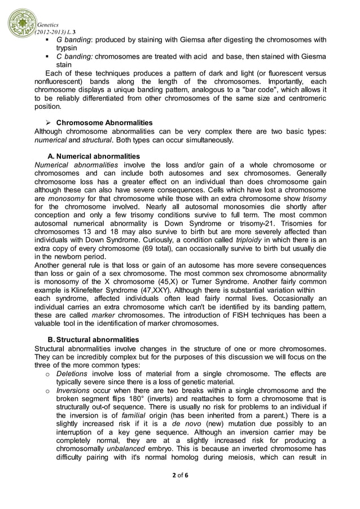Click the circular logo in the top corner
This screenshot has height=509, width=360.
coord(21,23)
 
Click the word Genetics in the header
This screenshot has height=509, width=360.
coord(49,25)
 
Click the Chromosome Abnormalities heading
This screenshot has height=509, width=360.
coord(104,122)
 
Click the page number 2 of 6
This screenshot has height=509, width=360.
coord(179,475)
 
